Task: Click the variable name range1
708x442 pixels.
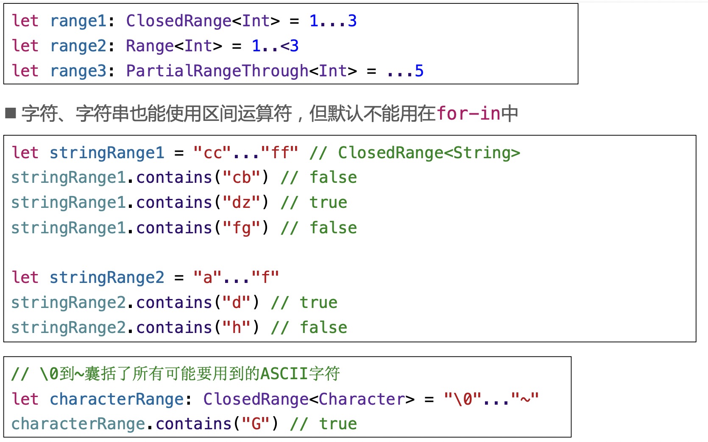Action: point(78,21)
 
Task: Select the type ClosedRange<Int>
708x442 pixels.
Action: point(203,21)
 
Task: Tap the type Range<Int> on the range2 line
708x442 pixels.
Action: point(174,46)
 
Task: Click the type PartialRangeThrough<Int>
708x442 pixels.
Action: point(241,71)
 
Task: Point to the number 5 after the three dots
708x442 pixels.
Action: point(419,71)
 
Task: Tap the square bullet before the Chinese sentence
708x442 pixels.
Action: point(11,113)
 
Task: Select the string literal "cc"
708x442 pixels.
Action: point(212,153)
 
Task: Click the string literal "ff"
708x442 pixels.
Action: point(279,153)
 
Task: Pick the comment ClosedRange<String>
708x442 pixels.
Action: point(429,153)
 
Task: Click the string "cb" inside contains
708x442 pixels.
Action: point(241,178)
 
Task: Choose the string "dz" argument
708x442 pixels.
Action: point(241,203)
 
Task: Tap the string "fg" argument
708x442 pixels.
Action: point(241,228)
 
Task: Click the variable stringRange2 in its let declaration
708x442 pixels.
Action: point(106,278)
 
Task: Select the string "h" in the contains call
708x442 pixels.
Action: point(236,328)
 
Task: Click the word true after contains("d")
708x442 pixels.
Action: point(318,303)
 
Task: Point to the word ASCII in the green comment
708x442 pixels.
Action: point(284,374)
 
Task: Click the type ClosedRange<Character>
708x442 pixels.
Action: point(309,399)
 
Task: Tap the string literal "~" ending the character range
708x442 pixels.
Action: point(525,399)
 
